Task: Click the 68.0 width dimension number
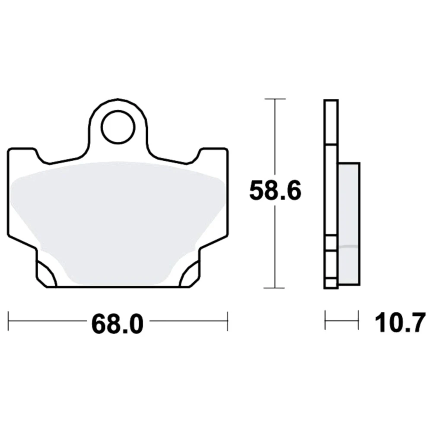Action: point(118,324)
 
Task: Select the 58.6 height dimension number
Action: point(275,191)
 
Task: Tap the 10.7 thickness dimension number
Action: point(400,323)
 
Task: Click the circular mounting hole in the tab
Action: point(118,127)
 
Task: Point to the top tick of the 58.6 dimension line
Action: point(275,98)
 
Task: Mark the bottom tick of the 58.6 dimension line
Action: point(274,288)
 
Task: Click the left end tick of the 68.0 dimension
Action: point(9,321)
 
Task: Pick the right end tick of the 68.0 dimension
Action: point(228,321)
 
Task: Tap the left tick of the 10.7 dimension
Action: point(325,320)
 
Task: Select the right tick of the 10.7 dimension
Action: point(359,320)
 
